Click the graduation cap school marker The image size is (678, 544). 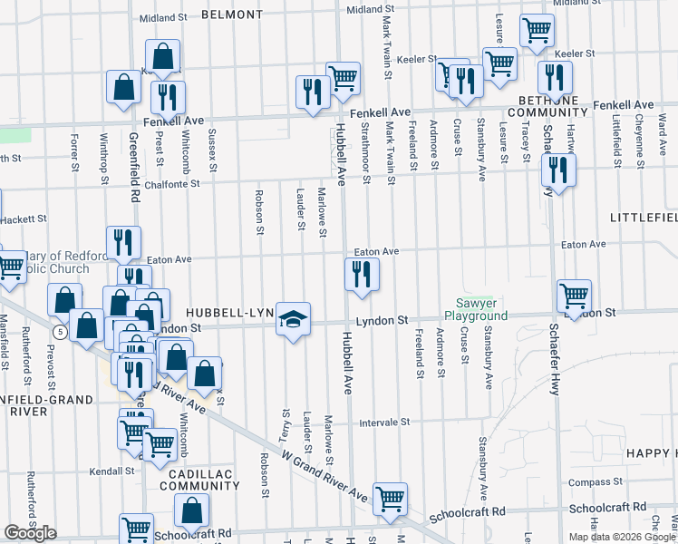click(293, 319)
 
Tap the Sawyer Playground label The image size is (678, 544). click(475, 309)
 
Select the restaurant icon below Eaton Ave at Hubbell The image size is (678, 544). click(362, 275)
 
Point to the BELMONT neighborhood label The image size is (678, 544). click(231, 15)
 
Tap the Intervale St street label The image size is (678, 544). click(385, 423)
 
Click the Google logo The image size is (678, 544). click(30, 533)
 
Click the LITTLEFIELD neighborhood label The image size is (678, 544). click(644, 219)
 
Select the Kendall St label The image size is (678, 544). click(113, 471)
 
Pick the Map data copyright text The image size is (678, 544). click(621, 537)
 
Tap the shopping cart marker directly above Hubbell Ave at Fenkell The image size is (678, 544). click(343, 79)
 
